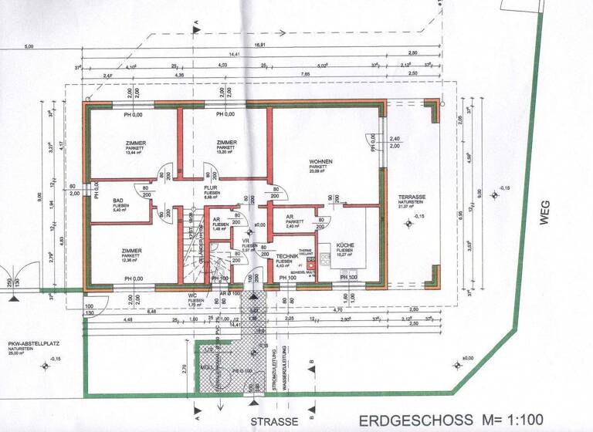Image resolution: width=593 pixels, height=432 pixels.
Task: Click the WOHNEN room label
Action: click(x=320, y=161)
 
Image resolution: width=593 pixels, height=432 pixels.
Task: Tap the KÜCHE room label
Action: click(x=345, y=246)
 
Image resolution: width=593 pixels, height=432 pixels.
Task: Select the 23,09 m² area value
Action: click(x=319, y=171)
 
